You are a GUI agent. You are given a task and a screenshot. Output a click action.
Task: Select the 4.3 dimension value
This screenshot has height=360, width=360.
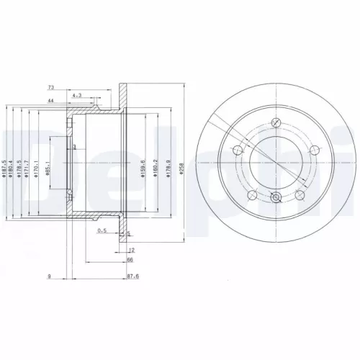pyautogui.click(x=76, y=94)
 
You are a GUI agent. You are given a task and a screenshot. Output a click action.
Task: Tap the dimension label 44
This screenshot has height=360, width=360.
pyautogui.click(x=51, y=100)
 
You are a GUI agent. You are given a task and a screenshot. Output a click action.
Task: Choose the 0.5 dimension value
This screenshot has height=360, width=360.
pyautogui.click(x=102, y=231)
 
